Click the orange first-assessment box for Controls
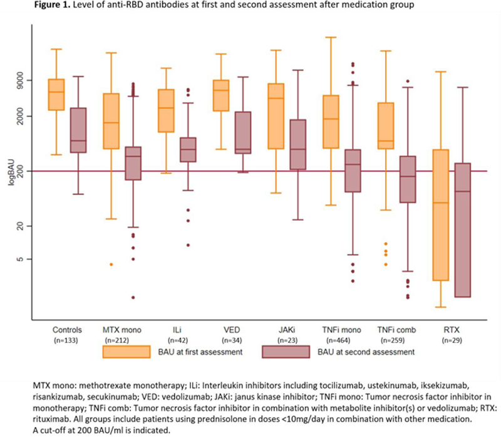pos(56,95)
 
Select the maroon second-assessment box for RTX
pos(463,230)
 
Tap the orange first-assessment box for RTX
pos(441,215)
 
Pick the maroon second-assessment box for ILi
pos(188,150)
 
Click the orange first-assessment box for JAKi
pos(276,116)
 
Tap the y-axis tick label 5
pos(20,259)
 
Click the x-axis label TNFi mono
pos(341,330)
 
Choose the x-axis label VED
pos(232,330)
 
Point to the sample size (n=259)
pos(396,340)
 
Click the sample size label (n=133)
pos(66,340)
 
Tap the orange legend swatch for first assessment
pos(127,352)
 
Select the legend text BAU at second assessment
pos(366,352)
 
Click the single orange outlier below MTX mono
pos(111,265)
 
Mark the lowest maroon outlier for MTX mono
pos(133,298)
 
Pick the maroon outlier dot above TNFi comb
pos(408,82)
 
